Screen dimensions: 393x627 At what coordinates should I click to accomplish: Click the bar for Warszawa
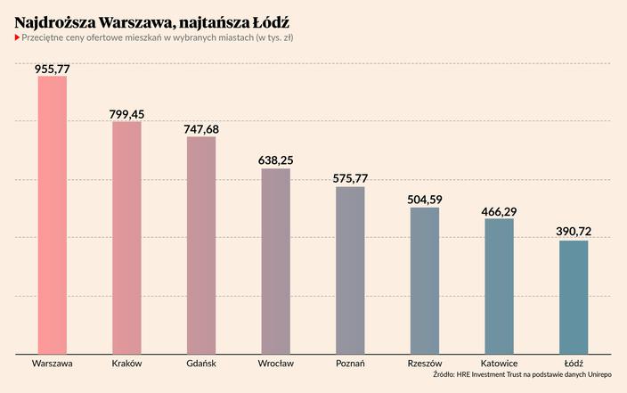coord(52,215)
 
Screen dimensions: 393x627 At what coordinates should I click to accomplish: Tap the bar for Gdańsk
coord(201,245)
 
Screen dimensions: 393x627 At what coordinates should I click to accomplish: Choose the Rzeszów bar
coord(425,281)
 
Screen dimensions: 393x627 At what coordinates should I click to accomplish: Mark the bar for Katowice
coord(499,286)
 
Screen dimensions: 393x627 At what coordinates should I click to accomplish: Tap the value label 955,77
coord(52,68)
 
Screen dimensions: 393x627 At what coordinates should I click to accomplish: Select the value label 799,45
coord(126,114)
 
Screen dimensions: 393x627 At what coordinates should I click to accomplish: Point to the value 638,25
coord(275,160)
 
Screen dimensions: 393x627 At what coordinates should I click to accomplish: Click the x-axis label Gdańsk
coord(201,364)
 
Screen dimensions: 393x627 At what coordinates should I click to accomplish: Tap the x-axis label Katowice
coord(499,364)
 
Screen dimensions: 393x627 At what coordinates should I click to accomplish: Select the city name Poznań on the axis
coord(350,364)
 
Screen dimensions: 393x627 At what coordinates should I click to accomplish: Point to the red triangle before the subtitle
coord(17,37)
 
